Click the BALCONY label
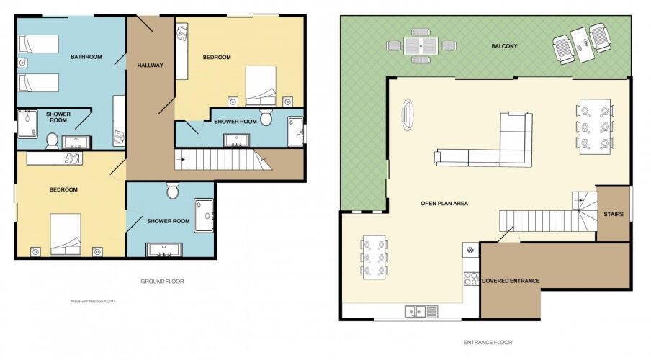click(x=504, y=46)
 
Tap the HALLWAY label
click(x=151, y=66)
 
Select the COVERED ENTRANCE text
click(x=511, y=281)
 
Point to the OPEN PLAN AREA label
click(x=444, y=204)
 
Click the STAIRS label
click(x=614, y=215)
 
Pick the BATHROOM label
click(x=86, y=57)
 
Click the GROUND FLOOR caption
click(x=162, y=282)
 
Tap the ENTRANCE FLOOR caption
click(x=488, y=343)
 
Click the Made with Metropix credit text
click(x=94, y=302)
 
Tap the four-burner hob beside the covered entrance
click(x=471, y=279)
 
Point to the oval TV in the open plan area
click(x=408, y=114)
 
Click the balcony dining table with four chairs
click(x=421, y=45)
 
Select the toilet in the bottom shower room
click(x=172, y=191)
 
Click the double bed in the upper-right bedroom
click(x=261, y=86)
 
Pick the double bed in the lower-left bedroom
click(x=66, y=235)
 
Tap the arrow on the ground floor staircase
click(x=180, y=158)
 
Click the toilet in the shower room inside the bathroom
click(x=53, y=141)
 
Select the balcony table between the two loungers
click(x=583, y=45)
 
